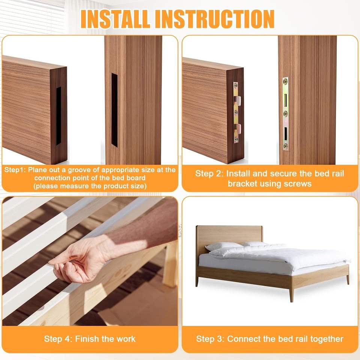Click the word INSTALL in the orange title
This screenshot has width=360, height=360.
[115, 19]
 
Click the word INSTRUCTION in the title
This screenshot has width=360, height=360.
[215, 19]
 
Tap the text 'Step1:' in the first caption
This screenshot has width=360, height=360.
[15, 170]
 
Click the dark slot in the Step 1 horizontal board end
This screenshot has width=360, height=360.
[58, 116]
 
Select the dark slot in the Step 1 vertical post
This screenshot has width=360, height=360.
[115, 110]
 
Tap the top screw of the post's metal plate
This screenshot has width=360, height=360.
[286, 81]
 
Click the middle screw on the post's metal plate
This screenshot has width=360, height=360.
[286, 113]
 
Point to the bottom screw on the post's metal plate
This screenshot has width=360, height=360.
[286, 145]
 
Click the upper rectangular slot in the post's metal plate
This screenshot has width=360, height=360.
[286, 100]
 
